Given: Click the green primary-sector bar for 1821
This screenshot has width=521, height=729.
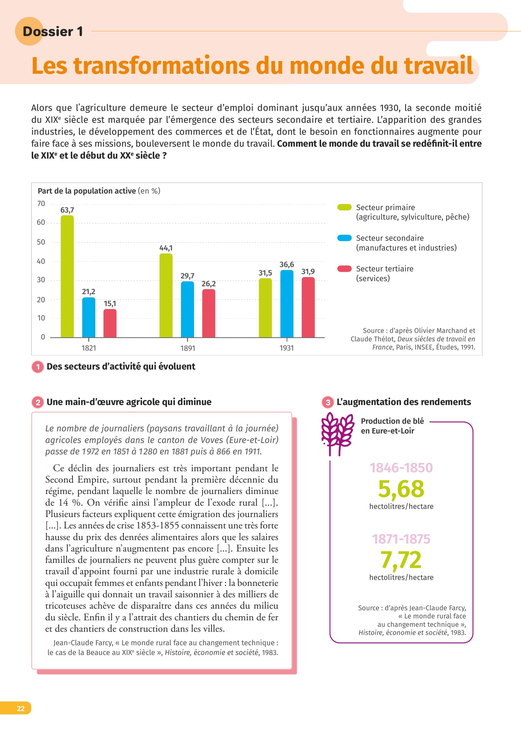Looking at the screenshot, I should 67,276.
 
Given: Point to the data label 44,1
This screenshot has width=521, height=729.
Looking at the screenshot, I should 166,248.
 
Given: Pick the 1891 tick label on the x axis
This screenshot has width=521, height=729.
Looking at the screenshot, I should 188,348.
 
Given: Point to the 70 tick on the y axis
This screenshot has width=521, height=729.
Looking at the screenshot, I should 41,204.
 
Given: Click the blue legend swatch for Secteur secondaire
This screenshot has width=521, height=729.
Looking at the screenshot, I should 344,238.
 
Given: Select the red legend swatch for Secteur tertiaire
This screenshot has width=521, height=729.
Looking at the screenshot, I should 344,268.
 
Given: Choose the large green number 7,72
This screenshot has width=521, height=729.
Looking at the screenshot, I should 401,560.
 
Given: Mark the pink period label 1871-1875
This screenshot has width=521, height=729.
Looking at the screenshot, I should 401,539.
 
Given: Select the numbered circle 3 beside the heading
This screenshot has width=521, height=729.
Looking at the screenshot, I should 328,402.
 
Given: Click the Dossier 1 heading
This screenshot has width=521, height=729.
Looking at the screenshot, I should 53,31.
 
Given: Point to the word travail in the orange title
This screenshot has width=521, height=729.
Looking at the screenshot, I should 438,66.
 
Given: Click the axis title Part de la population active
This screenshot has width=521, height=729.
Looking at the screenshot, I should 87,191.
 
